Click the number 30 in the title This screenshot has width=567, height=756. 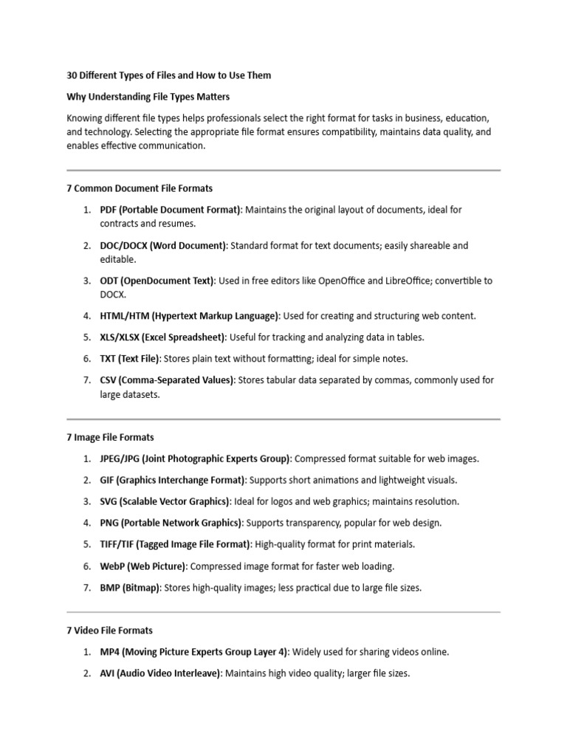click(x=72, y=75)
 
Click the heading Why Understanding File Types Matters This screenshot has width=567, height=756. click(x=148, y=97)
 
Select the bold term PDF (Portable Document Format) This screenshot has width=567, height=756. click(x=171, y=210)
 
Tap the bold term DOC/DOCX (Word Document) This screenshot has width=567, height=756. click(x=163, y=245)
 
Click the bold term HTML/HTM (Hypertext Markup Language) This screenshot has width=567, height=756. click(x=190, y=316)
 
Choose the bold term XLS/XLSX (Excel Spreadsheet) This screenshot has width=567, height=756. click(x=162, y=337)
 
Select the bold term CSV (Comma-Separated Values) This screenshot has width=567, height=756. click(x=167, y=380)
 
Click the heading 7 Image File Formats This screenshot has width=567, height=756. click(x=110, y=438)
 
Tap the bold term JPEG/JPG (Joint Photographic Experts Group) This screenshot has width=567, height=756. click(x=196, y=458)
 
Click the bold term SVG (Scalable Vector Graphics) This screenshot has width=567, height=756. click(x=165, y=501)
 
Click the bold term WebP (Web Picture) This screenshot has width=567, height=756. click(x=144, y=566)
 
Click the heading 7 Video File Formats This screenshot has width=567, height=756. click(x=109, y=630)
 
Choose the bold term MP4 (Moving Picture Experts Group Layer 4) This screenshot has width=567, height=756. click(x=195, y=652)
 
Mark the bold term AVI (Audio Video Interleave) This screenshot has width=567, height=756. click(x=160, y=673)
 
